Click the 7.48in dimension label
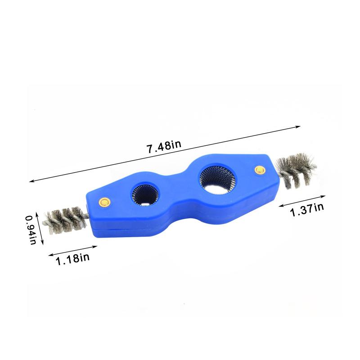[164, 147]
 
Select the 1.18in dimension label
[72, 258]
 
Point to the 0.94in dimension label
[31, 230]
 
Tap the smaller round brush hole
[145, 195]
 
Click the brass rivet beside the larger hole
[260, 170]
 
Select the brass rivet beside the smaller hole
[105, 202]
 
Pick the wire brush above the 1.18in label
[65, 220]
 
